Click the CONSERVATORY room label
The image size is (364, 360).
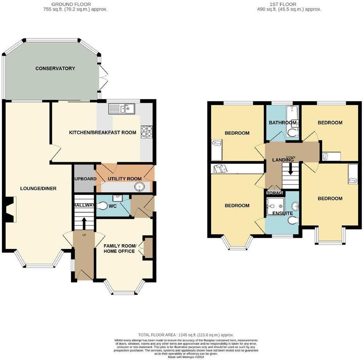click(55, 68)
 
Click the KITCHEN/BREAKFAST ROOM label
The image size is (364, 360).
click(102, 133)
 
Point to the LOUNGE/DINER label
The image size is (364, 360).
click(38, 188)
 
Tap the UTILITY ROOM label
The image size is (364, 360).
click(124, 179)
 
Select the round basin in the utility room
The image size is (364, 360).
click(140, 187)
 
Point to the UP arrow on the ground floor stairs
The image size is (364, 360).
click(84, 223)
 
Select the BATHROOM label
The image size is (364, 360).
click(282, 123)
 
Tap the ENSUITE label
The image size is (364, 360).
click(283, 213)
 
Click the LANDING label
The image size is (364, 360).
click(283, 160)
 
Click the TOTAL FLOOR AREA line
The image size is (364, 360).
click(186, 335)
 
